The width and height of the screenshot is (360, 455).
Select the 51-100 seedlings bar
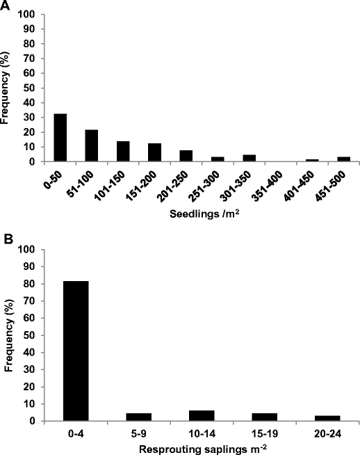click(91, 145)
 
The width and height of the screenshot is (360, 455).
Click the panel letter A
click(5, 6)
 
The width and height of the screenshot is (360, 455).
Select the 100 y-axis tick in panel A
click(30, 14)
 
